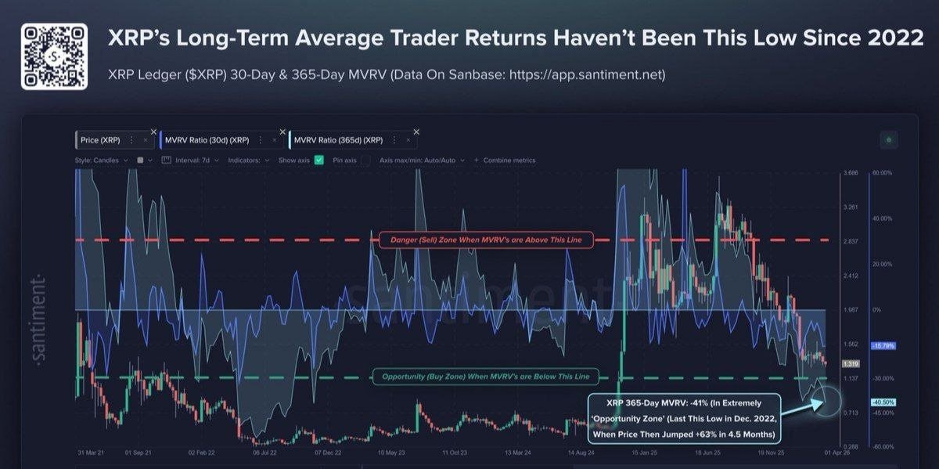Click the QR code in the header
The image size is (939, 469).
54,56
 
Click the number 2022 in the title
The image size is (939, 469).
894,38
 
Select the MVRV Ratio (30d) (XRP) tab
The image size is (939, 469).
207,140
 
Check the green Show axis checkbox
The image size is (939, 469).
319,161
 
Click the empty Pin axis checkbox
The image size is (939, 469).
365,161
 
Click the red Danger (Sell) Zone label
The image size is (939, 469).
486,240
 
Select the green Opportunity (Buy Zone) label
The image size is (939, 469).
486,377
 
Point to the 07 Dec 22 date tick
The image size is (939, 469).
327,453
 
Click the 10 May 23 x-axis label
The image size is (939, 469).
390,453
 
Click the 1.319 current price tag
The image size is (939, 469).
849,363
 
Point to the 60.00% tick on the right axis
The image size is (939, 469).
882,172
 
